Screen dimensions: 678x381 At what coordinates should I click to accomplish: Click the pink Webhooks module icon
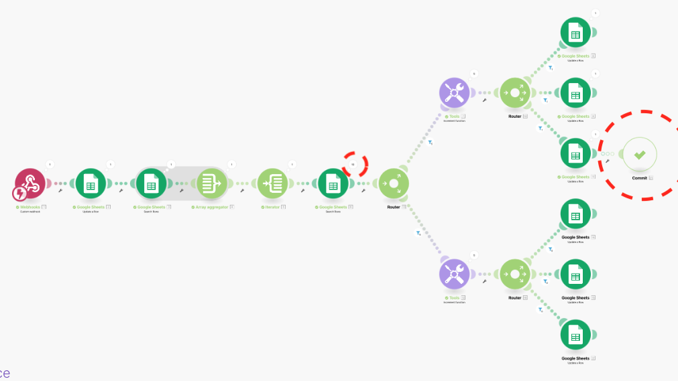click(30, 182)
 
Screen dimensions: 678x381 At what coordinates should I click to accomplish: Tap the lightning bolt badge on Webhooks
click(19, 194)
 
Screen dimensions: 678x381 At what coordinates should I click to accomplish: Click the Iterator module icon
click(272, 183)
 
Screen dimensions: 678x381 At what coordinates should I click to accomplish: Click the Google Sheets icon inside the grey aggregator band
click(151, 183)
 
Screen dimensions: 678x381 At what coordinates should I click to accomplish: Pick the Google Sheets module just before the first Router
click(333, 183)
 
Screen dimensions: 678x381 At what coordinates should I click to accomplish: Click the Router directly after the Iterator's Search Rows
click(394, 183)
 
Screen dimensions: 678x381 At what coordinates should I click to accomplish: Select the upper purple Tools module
click(454, 92)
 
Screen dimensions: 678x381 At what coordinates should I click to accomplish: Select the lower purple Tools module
click(454, 274)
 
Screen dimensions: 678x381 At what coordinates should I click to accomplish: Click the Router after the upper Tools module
click(515, 92)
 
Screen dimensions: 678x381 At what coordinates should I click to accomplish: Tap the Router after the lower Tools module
click(515, 274)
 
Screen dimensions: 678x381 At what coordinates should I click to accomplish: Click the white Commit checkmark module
click(640, 154)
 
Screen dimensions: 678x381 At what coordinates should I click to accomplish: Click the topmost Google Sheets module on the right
click(575, 32)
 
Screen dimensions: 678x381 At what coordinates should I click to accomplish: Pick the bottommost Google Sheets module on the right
click(575, 335)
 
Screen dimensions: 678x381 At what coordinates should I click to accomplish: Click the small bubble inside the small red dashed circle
click(353, 163)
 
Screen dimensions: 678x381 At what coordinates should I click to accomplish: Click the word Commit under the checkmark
click(639, 177)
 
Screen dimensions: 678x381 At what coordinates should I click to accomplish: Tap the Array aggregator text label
click(212, 207)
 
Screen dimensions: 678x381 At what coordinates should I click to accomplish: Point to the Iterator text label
click(271, 207)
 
